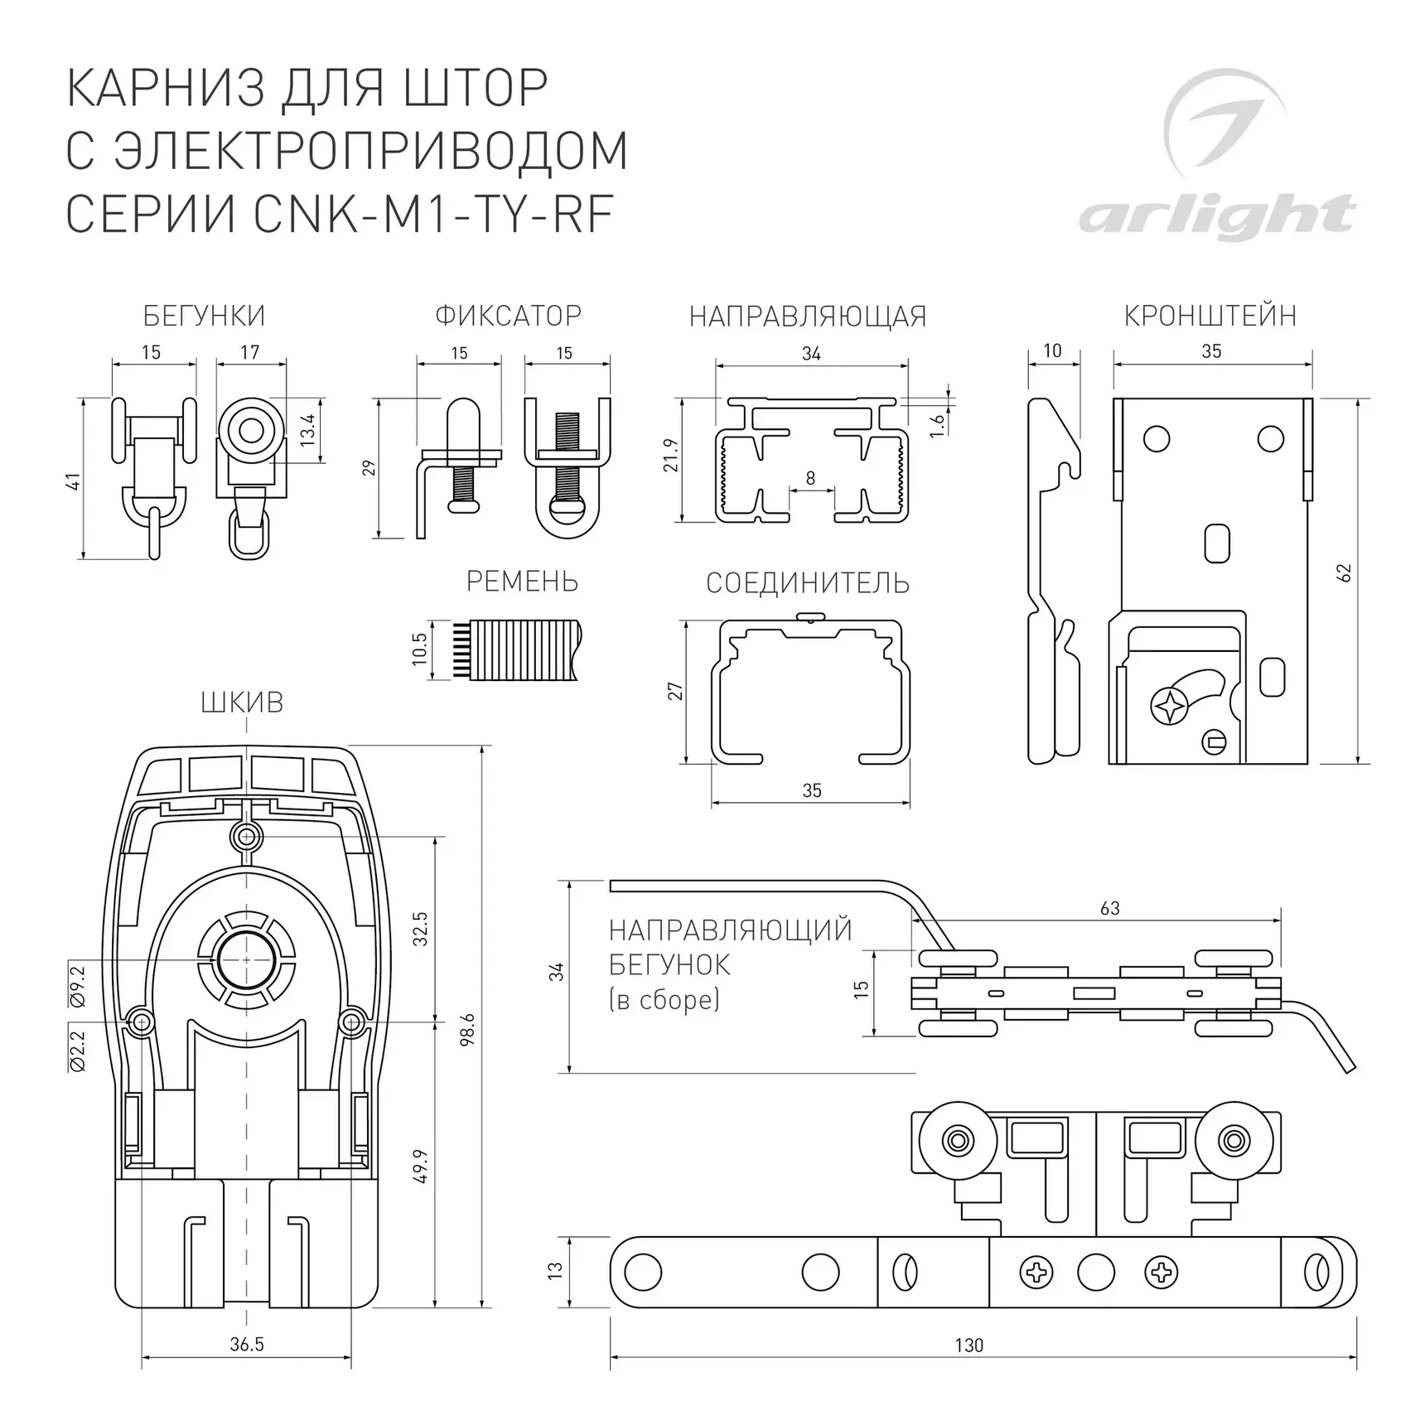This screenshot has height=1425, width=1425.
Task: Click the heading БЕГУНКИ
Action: click(x=204, y=316)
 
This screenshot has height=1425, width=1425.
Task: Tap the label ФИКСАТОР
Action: click(x=508, y=316)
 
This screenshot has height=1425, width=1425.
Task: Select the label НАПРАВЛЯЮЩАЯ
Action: click(x=808, y=316)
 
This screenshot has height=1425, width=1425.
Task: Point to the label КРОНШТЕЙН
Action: click(x=1210, y=316)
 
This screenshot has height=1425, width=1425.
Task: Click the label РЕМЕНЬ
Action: click(x=522, y=582)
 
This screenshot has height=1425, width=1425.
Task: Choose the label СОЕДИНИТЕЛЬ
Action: click(x=808, y=583)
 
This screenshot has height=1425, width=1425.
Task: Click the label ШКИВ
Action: click(x=242, y=703)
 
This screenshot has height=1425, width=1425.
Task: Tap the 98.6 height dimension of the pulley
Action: click(x=468, y=1029)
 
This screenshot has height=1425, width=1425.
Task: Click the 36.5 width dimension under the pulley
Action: click(x=247, y=1344)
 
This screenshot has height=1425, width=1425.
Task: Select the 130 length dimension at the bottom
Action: click(x=969, y=1345)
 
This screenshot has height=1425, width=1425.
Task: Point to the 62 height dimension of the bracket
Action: click(x=1344, y=572)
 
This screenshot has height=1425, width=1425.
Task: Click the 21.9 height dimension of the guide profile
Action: click(x=671, y=456)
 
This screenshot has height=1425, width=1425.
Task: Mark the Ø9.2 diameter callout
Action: click(x=79, y=986)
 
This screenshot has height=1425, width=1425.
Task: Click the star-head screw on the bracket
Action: click(x=1169, y=706)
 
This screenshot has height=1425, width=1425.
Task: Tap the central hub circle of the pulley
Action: click(x=246, y=959)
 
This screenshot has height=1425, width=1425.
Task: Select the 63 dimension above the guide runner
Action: click(x=1109, y=908)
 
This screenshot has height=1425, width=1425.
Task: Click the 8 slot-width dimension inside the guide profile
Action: click(x=810, y=478)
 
